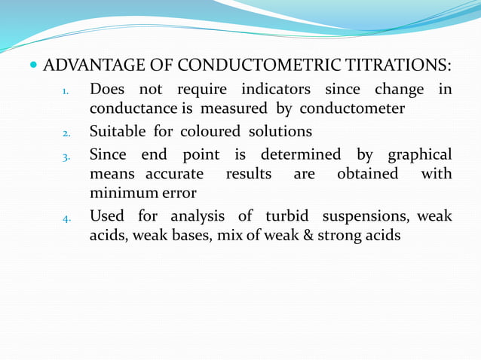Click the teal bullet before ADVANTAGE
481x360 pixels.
click(x=36, y=66)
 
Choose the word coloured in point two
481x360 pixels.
click(x=207, y=132)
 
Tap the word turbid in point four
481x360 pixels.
click(x=288, y=216)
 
